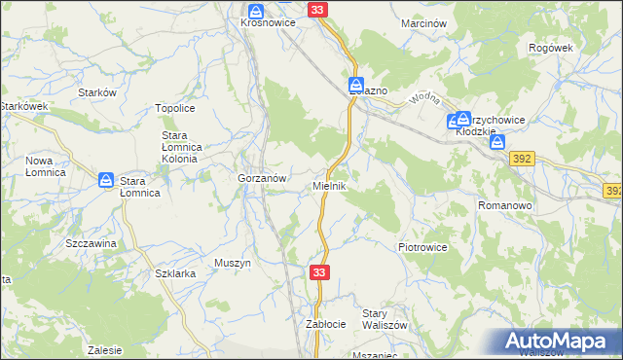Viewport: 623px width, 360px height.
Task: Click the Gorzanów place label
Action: pyautogui.click(x=261, y=179)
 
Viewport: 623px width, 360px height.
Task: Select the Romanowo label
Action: pyautogui.click(x=503, y=206)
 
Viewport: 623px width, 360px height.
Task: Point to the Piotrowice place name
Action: pyautogui.click(x=422, y=247)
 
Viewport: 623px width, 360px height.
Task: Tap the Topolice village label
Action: pyautogui.click(x=176, y=109)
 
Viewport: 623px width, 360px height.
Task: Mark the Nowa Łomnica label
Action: pyautogui.click(x=45, y=166)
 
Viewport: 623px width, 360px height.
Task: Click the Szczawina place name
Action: pyautogui.click(x=91, y=243)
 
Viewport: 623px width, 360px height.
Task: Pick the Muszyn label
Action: pyautogui.click(x=233, y=263)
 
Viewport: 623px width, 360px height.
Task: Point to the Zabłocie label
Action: pyautogui.click(x=326, y=323)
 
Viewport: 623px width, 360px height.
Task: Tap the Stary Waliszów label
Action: pyautogui.click(x=384, y=318)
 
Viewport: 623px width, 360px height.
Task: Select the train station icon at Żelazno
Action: pyautogui.click(x=356, y=86)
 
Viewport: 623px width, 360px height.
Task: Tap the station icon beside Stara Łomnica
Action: pyautogui.click(x=106, y=180)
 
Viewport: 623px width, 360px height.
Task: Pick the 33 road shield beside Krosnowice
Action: pyautogui.click(x=318, y=9)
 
